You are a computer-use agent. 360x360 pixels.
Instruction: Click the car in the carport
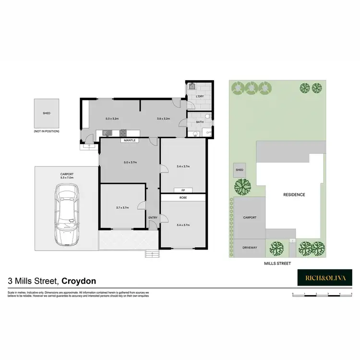pos(66,214)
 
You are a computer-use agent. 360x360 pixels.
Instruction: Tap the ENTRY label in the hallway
pos(153,217)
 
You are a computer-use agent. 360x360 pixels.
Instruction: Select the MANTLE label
pos(130,140)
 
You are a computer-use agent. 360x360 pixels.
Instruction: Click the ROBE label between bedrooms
pos(183,197)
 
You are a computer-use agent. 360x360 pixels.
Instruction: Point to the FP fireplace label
pos(183,190)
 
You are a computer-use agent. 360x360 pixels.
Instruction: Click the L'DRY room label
pos(200,97)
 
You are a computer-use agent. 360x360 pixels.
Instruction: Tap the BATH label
pos(200,122)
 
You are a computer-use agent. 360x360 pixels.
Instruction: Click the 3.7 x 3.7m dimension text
pos(122,208)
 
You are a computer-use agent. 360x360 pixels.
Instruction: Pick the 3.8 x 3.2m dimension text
pos(164,118)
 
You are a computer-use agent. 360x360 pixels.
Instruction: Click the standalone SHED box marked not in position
pos(47,113)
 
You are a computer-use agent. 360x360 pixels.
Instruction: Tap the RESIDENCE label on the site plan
pos(293,194)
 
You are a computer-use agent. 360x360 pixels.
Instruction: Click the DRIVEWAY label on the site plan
pos(249,248)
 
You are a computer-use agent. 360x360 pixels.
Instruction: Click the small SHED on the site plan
pos(239,170)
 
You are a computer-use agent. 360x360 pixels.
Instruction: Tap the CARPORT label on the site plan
pos(249,217)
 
